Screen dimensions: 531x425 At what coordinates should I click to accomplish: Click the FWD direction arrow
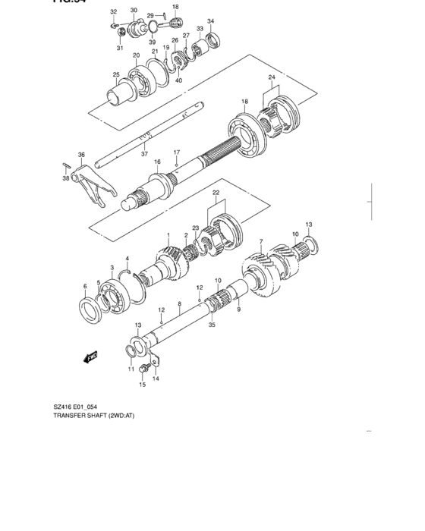coord(92,355)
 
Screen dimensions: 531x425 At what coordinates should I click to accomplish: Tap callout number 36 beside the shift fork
coord(81,155)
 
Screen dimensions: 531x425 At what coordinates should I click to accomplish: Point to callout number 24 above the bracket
coord(271,77)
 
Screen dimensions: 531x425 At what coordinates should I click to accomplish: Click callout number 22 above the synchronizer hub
coord(216,193)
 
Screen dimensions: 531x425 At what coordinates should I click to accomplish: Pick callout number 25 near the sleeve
coord(116,74)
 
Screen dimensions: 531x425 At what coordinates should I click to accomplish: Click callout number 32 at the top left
coord(113,12)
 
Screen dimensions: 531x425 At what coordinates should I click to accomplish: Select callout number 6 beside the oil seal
coord(85,286)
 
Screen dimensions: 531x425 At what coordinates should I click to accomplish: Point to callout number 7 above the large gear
coord(260,242)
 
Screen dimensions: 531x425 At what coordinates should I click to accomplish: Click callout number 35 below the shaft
coord(212,325)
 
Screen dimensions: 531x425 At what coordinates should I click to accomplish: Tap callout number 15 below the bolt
coord(141,385)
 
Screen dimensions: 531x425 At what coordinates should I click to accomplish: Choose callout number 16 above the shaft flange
coord(158,162)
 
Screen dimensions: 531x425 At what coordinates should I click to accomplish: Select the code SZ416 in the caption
coord(63,407)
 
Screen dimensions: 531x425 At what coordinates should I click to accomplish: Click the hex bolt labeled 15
coord(143,369)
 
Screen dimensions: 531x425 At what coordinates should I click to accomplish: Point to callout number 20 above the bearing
coord(137,55)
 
